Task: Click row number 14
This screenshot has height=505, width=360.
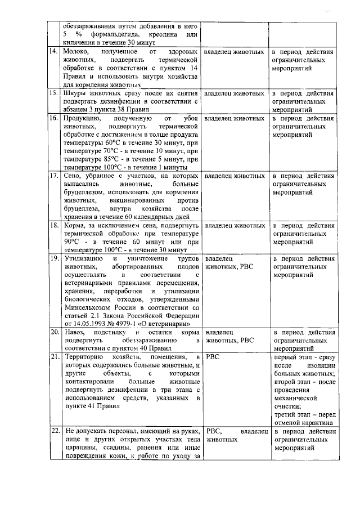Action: point(53,52)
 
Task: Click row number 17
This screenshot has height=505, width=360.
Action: point(53,176)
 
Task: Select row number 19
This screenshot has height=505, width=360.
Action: point(54,258)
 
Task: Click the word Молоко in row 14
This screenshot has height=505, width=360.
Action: point(78,52)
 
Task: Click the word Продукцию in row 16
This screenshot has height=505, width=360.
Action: point(83,119)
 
